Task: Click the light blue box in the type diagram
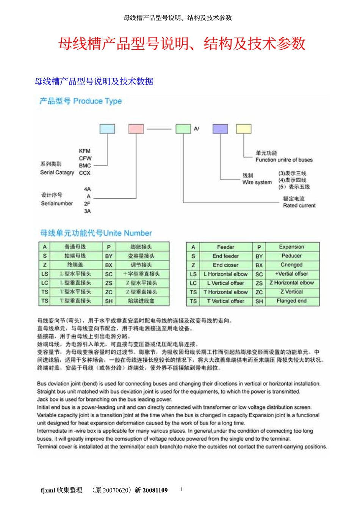(x=107, y=129)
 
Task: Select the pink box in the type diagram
(x=136, y=129)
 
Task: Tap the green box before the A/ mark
(x=183, y=129)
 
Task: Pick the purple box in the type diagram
(x=220, y=129)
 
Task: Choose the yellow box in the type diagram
(x=244, y=129)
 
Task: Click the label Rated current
(x=299, y=206)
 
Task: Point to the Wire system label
(x=257, y=182)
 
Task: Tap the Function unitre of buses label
(x=284, y=160)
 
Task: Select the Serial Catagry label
(x=57, y=173)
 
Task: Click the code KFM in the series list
(x=85, y=151)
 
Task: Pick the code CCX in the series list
(x=85, y=173)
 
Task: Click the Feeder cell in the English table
(x=225, y=247)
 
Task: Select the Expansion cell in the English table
(x=291, y=247)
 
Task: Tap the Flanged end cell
(x=291, y=301)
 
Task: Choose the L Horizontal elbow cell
(x=225, y=274)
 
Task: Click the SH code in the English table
(x=259, y=301)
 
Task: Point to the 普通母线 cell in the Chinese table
(x=75, y=247)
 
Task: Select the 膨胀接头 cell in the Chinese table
(x=141, y=247)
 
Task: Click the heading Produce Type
(x=97, y=101)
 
